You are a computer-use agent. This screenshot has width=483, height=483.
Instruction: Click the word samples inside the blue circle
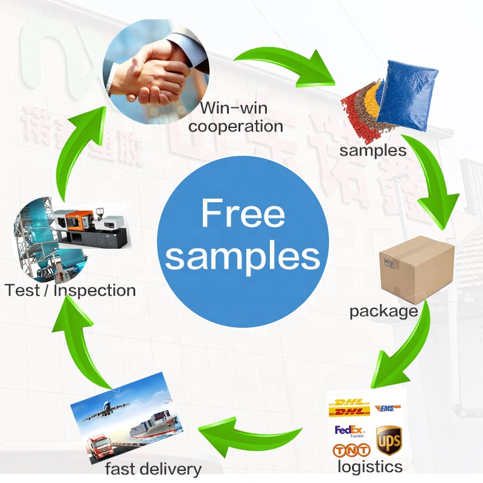(x=243, y=256)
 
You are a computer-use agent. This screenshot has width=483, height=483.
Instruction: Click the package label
(x=383, y=312)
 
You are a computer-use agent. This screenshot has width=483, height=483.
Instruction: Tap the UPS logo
(x=388, y=440)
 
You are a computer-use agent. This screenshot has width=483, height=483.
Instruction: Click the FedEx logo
(x=350, y=431)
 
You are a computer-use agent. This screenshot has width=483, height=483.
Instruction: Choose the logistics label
(x=369, y=467)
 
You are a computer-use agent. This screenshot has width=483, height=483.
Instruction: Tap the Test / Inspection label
(x=70, y=290)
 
